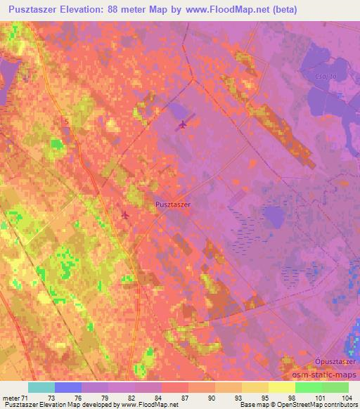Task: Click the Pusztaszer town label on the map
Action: tap(173, 204)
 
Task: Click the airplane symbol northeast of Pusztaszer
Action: tap(183, 124)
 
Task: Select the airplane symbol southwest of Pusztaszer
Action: tap(125, 214)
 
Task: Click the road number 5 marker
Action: tap(67, 121)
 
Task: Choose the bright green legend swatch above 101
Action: tap(309, 387)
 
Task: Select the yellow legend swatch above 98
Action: tap(282, 387)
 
